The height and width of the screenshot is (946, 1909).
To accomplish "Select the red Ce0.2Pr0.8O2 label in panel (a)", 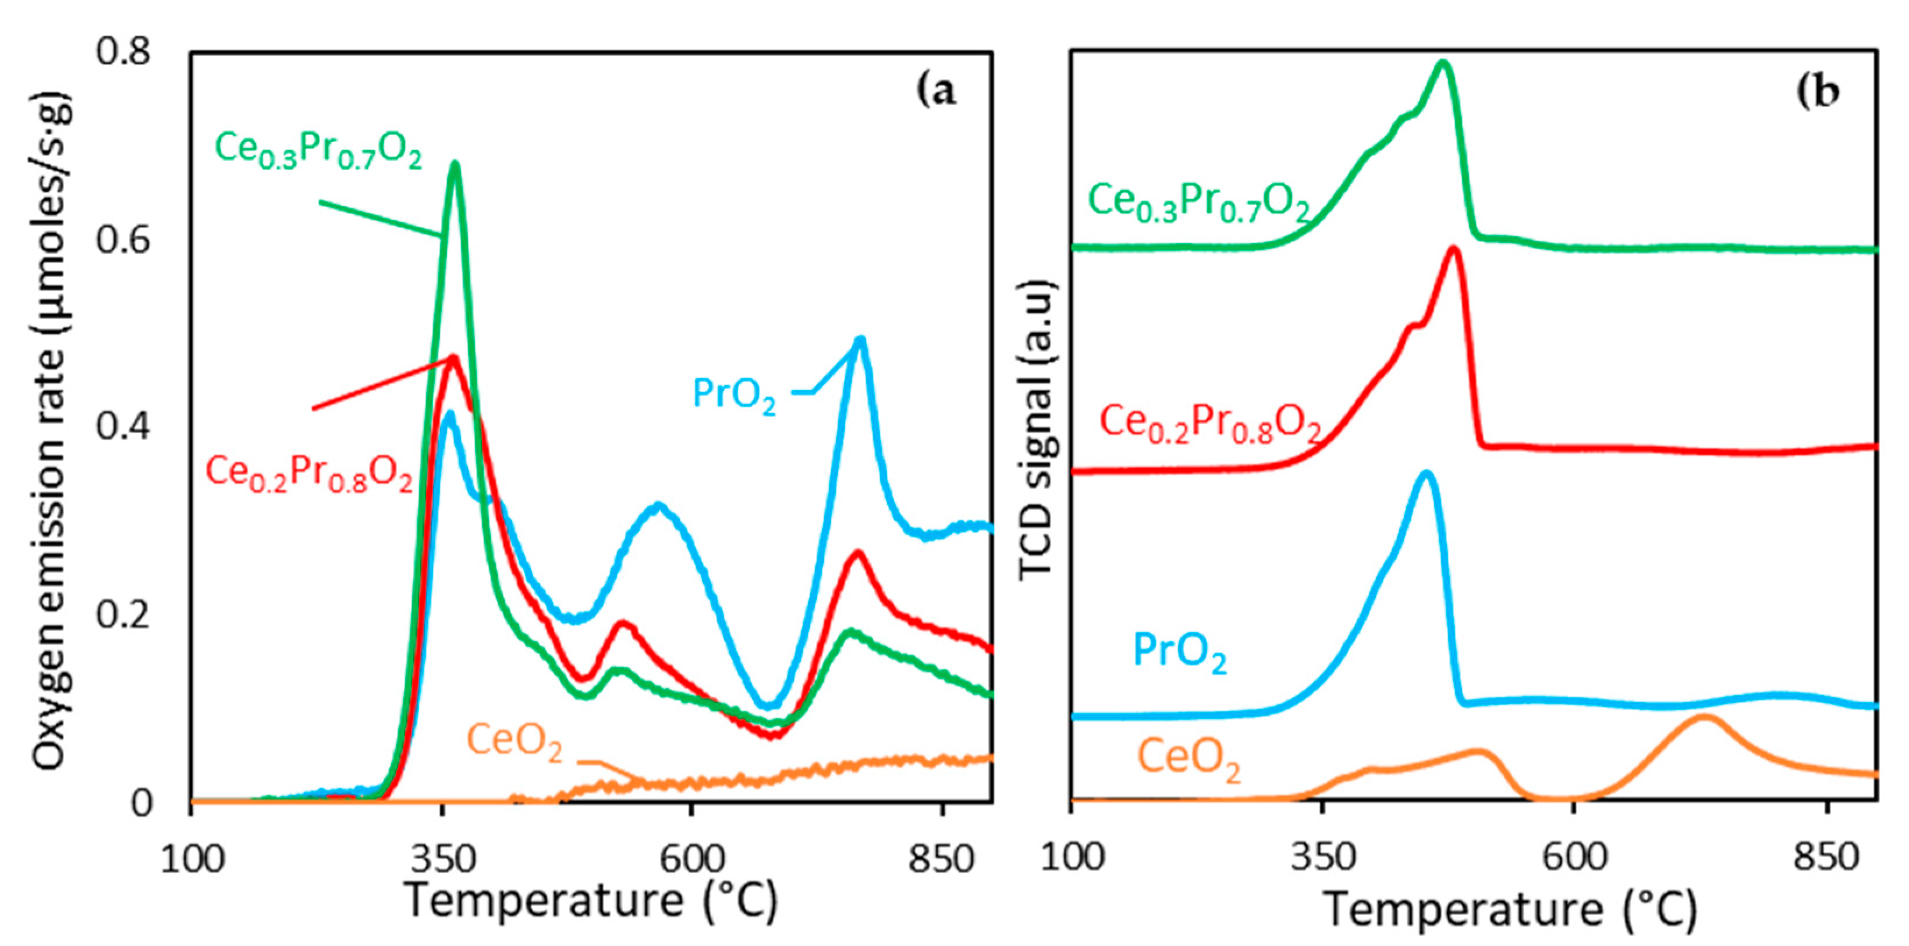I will coord(308,472).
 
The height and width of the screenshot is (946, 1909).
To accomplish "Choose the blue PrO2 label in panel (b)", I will coord(1180,652).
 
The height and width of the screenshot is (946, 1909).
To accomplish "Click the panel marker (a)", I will coord(936,92).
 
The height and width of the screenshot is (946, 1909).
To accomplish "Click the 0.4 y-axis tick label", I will coord(123,428).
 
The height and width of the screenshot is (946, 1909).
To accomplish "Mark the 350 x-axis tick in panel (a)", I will coord(443,860).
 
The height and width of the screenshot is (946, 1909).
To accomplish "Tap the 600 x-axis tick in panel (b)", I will coord(1574,857).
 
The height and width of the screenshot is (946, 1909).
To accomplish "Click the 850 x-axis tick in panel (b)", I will coord(1828,857).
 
